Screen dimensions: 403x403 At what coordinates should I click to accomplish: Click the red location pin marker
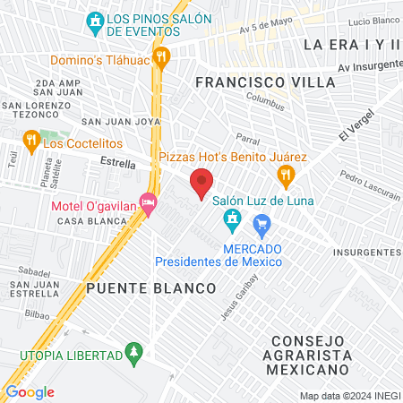click(201, 184)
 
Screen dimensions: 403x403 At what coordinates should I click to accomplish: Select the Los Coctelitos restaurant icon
click(30, 140)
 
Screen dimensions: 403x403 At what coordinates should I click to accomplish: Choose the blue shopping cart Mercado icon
click(262, 223)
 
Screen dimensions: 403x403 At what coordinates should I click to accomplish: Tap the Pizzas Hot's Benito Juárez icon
click(286, 175)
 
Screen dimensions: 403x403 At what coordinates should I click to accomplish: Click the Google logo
click(30, 391)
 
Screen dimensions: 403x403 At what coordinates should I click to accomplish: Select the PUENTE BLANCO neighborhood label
click(151, 287)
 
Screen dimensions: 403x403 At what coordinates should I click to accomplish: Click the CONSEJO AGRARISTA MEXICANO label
click(308, 355)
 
